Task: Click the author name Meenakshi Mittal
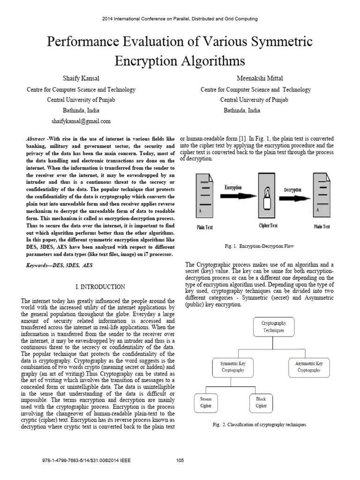point(255,77)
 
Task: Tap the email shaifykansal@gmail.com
point(81,121)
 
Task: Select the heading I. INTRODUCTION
point(100,287)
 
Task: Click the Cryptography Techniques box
point(274,326)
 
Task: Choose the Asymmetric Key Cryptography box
point(309,367)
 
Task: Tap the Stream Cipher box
point(206,402)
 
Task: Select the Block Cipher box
point(261,402)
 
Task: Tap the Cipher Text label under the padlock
point(268,225)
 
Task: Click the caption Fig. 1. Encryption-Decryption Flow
point(259,246)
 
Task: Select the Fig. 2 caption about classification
point(259,425)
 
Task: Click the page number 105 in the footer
point(180,460)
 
